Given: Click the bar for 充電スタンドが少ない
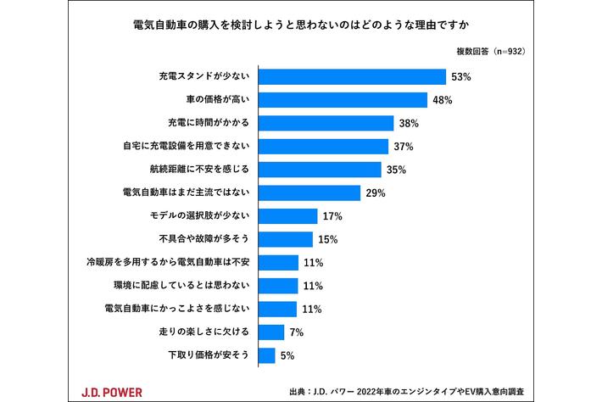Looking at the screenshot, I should tap(352, 77).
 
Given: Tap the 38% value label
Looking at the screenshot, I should tap(410, 124).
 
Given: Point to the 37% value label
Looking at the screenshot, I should tap(404, 147).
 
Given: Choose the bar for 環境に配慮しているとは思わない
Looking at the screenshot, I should tap(277, 285).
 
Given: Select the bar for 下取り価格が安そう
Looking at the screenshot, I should tap(266, 355).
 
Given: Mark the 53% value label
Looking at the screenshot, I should tap(462, 77).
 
